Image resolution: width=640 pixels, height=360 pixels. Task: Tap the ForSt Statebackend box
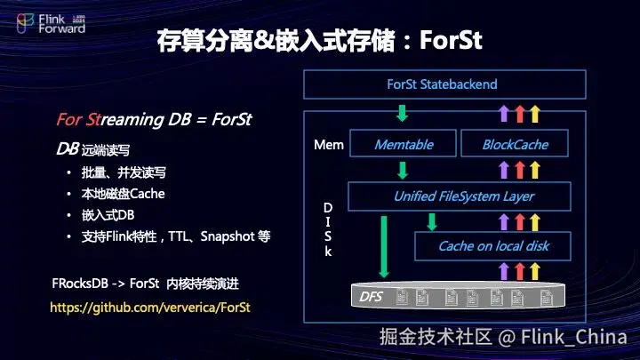click(x=444, y=84)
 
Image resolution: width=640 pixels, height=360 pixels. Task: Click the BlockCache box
click(x=515, y=144)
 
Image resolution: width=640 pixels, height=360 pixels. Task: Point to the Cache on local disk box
click(x=493, y=246)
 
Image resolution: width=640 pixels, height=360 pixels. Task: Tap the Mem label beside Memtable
click(x=328, y=144)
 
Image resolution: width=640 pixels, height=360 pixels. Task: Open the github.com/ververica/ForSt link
click(x=150, y=307)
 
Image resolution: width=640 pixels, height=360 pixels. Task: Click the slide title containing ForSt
click(x=319, y=40)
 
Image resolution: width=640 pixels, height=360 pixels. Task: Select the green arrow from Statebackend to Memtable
click(x=402, y=113)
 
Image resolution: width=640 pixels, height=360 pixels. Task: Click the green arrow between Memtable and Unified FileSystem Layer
click(x=402, y=170)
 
